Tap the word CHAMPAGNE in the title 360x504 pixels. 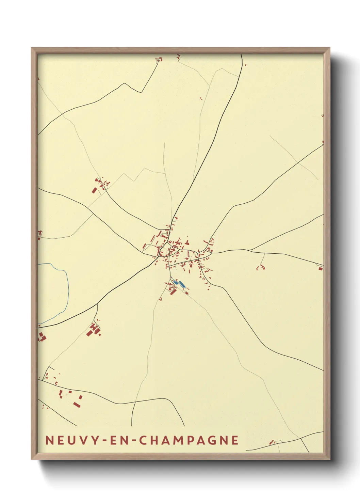[x=189, y=440]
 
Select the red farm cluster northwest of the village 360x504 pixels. [x=101, y=185]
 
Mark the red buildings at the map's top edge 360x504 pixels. [x=159, y=60]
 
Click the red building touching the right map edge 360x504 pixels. [x=321, y=268]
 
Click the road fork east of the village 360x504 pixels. [x=249, y=251]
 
